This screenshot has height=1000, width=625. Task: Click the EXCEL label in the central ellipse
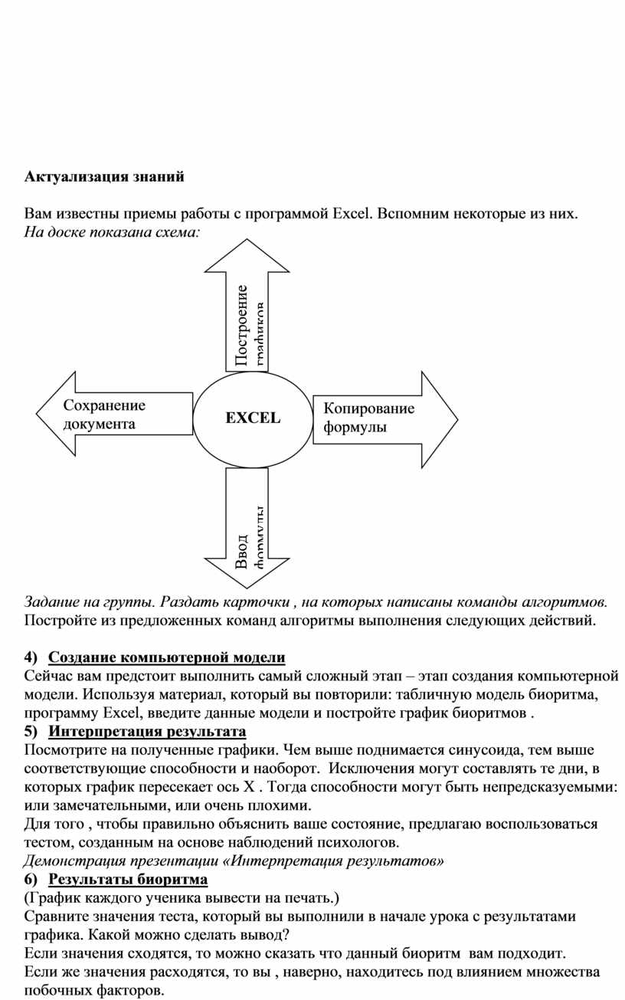252,418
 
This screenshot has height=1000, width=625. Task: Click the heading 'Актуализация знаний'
104,177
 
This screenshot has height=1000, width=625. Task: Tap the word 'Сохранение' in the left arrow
104,405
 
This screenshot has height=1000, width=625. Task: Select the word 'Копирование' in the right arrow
369,408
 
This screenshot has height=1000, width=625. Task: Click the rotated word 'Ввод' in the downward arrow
242,551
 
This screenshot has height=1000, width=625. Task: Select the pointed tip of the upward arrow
247,241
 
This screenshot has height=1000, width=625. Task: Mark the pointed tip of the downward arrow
247,587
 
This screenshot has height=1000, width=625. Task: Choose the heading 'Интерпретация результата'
147,731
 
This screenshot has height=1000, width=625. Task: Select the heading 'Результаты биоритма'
128,878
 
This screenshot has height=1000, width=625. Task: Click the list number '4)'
31,657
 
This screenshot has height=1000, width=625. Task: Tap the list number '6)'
31,878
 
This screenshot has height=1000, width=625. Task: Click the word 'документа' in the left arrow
100,424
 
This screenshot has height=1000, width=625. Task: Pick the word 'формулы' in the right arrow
355,427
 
